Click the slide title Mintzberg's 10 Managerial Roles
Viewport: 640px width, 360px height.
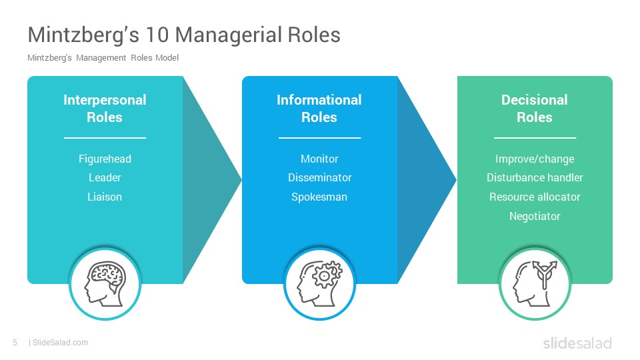point(184,35)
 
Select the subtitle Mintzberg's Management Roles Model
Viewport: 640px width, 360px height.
point(103,58)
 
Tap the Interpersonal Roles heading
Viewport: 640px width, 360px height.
point(105,109)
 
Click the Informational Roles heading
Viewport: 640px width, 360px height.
point(319,109)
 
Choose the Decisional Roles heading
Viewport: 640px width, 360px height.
point(535,109)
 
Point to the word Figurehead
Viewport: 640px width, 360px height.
point(105,159)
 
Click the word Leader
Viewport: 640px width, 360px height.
point(105,177)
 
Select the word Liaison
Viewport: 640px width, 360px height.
point(105,197)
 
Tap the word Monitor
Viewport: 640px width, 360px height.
point(319,159)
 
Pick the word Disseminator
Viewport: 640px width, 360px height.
point(319,177)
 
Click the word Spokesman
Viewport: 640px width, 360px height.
point(319,197)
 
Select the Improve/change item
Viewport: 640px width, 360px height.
point(535,159)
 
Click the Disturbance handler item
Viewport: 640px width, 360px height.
point(535,177)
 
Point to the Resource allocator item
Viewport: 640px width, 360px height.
point(535,197)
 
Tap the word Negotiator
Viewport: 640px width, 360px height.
point(535,216)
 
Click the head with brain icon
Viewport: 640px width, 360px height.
point(105,284)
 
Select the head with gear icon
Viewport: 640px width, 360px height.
point(319,284)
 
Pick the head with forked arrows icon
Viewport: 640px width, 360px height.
point(535,284)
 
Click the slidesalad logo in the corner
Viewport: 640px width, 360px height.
point(577,343)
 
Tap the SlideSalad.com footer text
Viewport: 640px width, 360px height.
point(59,343)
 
